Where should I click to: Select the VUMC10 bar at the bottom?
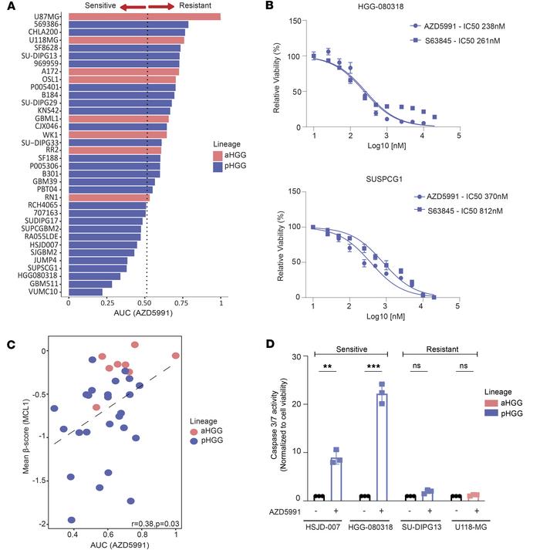pyautogui.click(x=85, y=292)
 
